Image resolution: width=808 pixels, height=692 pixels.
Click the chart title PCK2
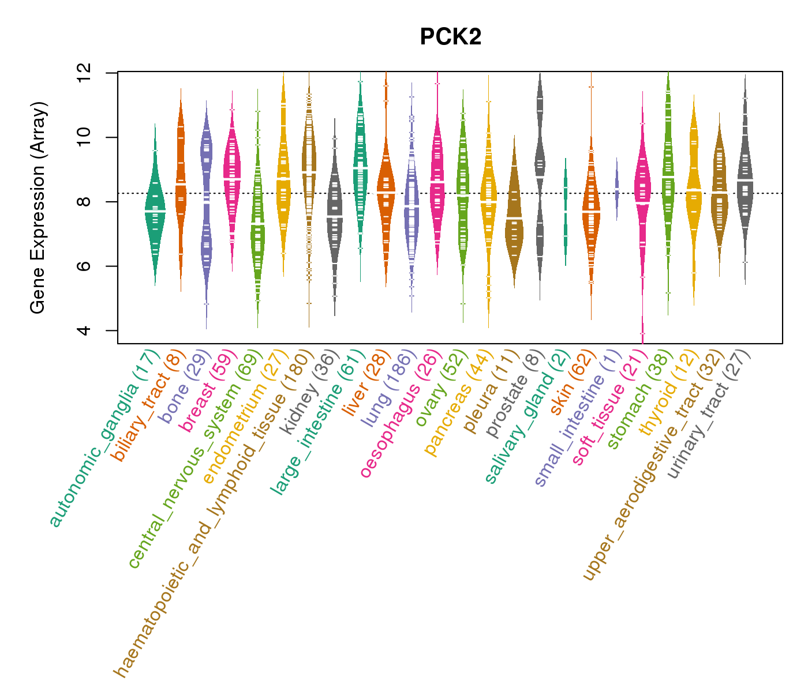click(450, 37)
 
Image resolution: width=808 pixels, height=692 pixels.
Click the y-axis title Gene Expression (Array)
click(38, 208)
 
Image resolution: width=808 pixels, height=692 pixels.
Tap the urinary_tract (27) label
click(710, 415)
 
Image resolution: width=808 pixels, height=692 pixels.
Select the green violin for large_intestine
click(360, 167)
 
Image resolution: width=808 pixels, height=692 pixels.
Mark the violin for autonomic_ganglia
click(155, 213)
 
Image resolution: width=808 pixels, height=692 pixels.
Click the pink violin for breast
click(232, 179)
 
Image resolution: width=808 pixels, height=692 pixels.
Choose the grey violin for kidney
click(335, 216)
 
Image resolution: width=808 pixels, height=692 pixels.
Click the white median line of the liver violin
click(386, 191)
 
